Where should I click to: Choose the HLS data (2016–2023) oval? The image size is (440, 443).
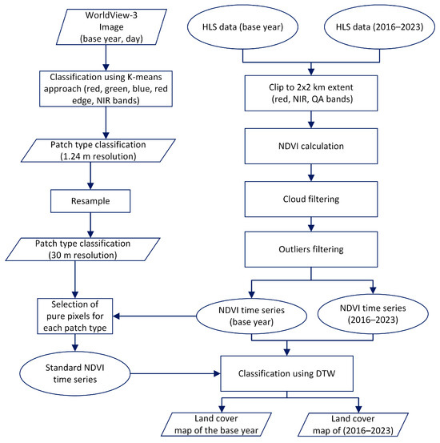(372, 29)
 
